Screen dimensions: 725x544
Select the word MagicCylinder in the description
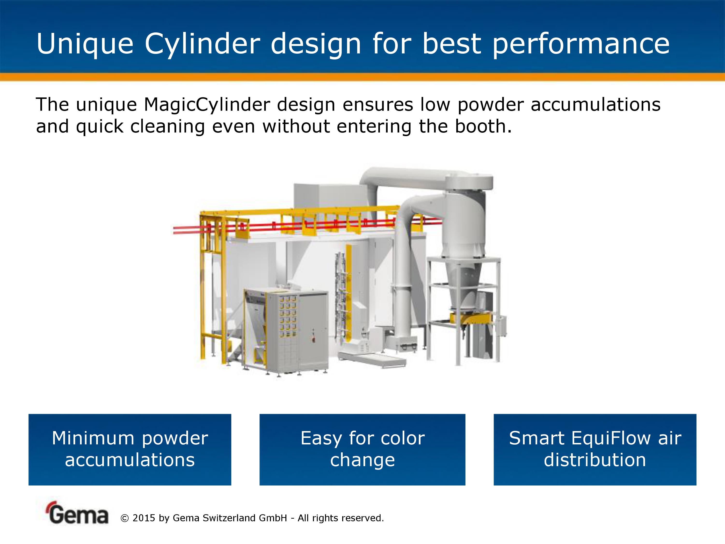tap(207, 105)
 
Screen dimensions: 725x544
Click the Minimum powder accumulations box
tap(130, 449)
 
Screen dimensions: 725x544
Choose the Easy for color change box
tap(362, 449)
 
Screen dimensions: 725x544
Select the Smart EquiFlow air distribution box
tap(595, 449)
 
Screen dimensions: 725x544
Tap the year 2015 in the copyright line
tap(144, 518)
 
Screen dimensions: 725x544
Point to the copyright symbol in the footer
tap(125, 518)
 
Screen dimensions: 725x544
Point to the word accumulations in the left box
tap(130, 460)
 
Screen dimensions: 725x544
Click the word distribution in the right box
tap(595, 460)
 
